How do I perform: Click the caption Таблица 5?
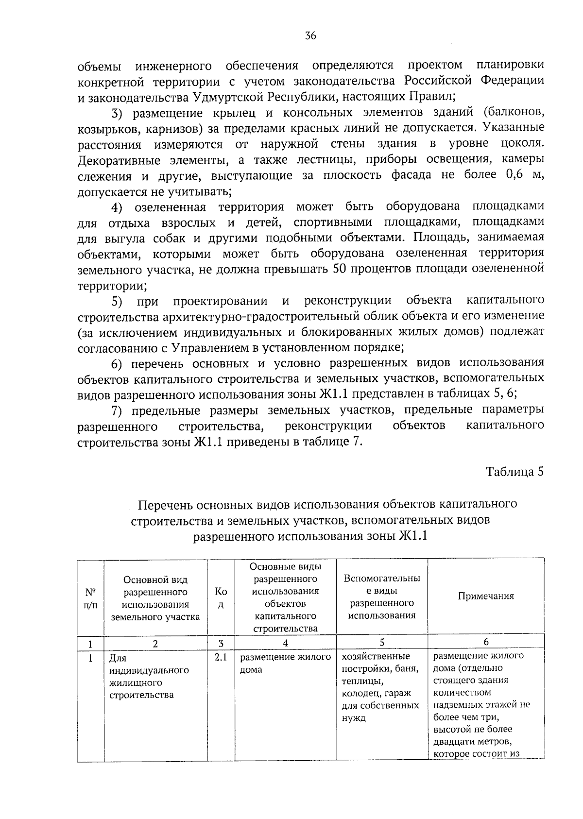pyautogui.click(x=514, y=472)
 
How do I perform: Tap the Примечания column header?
pyautogui.click(x=486, y=597)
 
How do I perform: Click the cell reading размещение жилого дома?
pyautogui.click(x=285, y=664)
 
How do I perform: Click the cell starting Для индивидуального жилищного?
pyautogui.click(x=149, y=676)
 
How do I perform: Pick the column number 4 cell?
pyautogui.click(x=285, y=643)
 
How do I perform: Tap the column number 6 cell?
pyautogui.click(x=486, y=642)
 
